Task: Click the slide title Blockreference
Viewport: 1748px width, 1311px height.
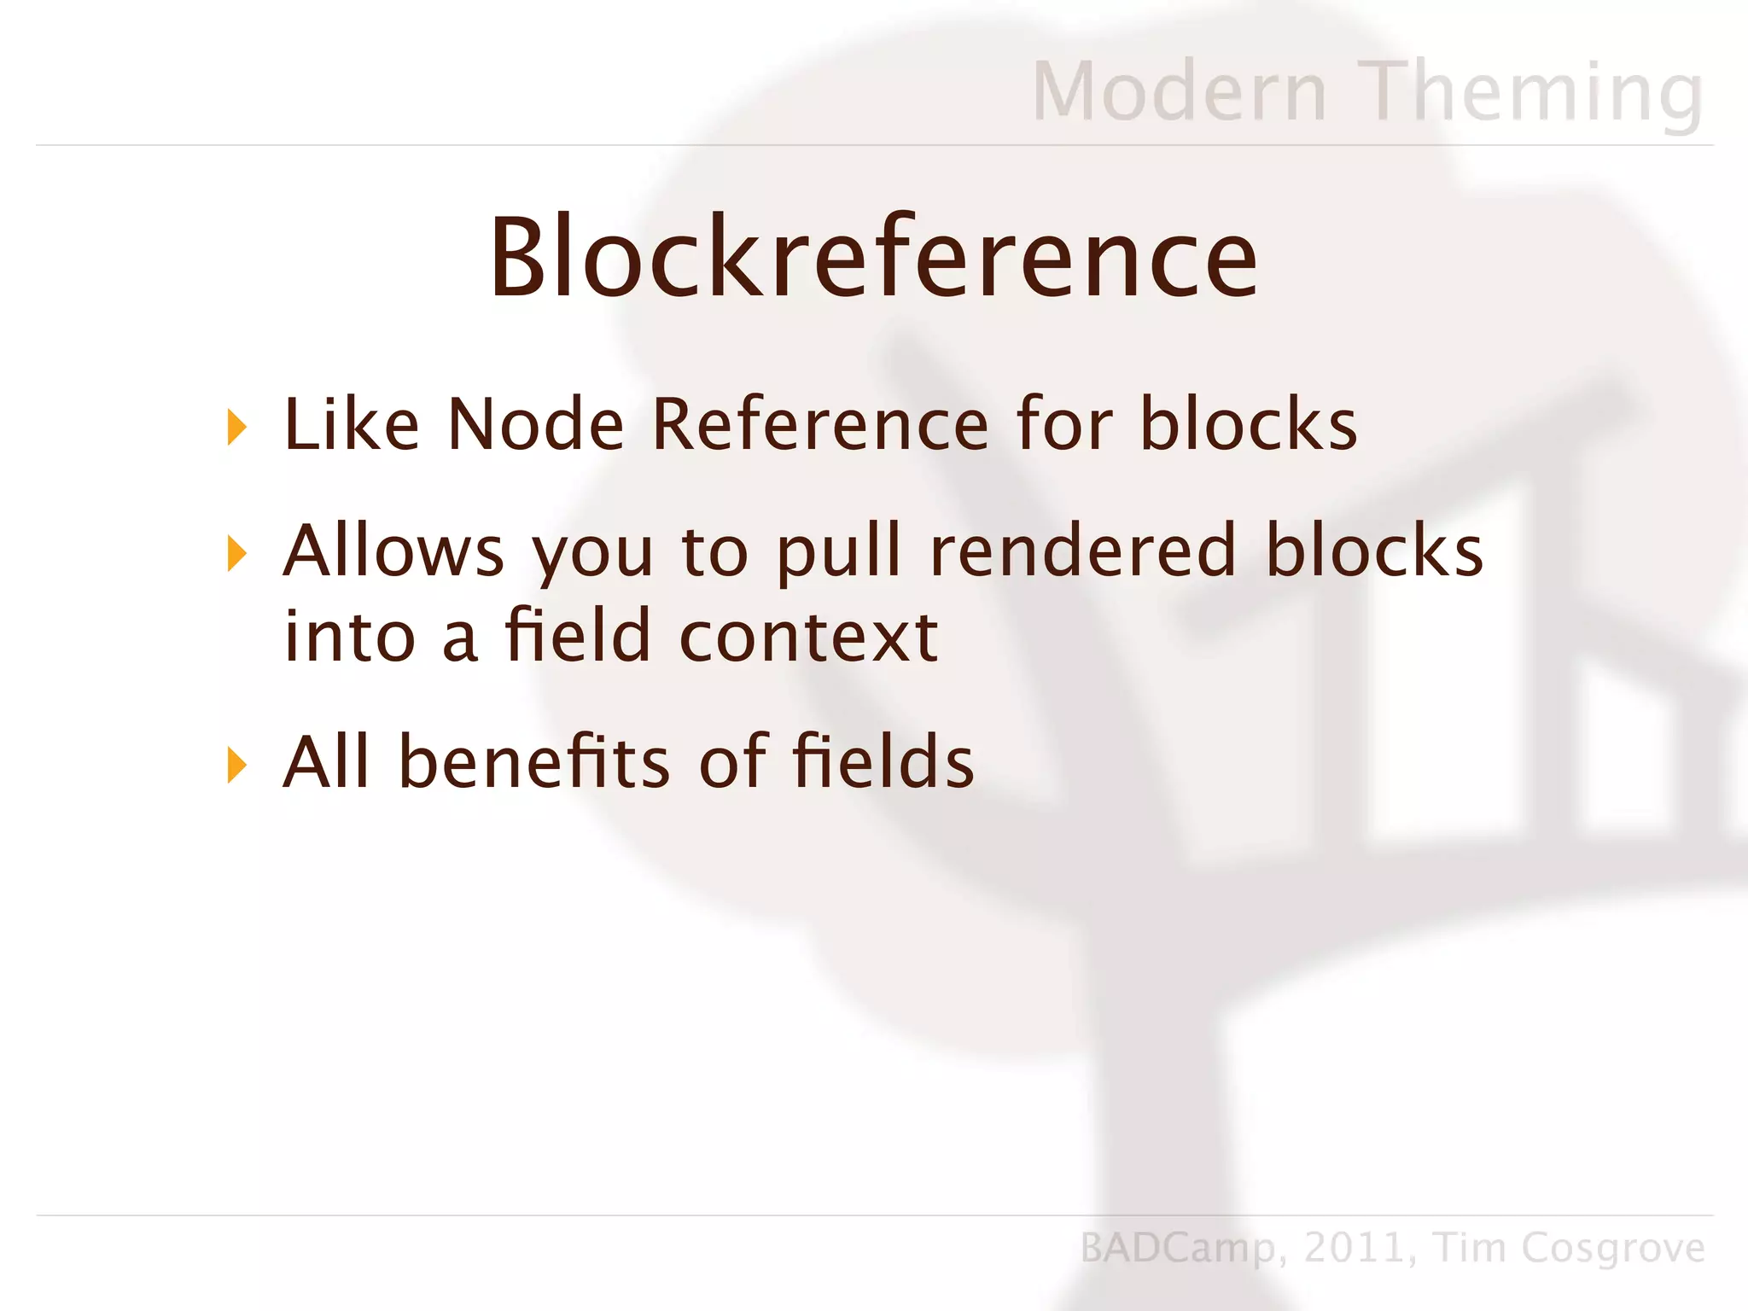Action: tap(872, 258)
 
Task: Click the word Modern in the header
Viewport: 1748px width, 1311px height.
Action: tap(1179, 92)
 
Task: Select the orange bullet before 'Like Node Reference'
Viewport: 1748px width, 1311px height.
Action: tap(236, 427)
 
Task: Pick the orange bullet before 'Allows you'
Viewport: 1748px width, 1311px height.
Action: tap(236, 554)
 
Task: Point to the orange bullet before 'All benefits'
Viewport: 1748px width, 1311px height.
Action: tap(236, 765)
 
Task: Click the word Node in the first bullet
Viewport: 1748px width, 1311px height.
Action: tap(536, 424)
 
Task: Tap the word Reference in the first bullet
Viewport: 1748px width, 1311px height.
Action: tap(819, 424)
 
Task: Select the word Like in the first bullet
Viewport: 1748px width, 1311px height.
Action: tap(351, 424)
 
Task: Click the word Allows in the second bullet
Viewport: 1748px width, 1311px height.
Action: tap(393, 551)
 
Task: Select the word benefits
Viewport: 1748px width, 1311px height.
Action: tap(534, 761)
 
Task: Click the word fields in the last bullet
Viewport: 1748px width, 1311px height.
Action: tap(883, 761)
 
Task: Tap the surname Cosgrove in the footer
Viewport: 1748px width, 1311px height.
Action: tap(1612, 1249)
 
